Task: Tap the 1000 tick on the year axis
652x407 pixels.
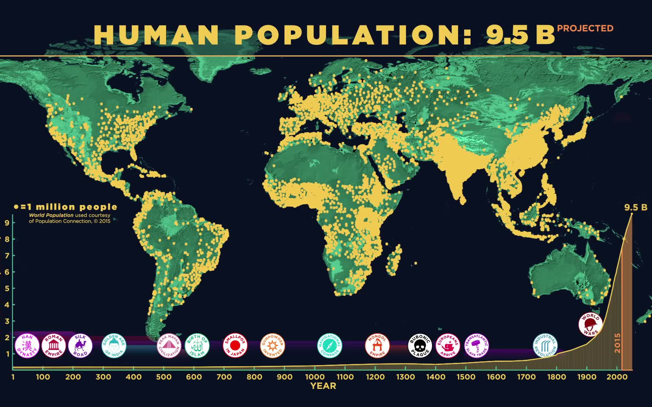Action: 315,376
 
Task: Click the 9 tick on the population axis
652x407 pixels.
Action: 7,222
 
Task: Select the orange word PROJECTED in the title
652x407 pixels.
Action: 585,28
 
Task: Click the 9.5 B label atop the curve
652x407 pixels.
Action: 635,207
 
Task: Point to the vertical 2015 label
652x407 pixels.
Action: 617,343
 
